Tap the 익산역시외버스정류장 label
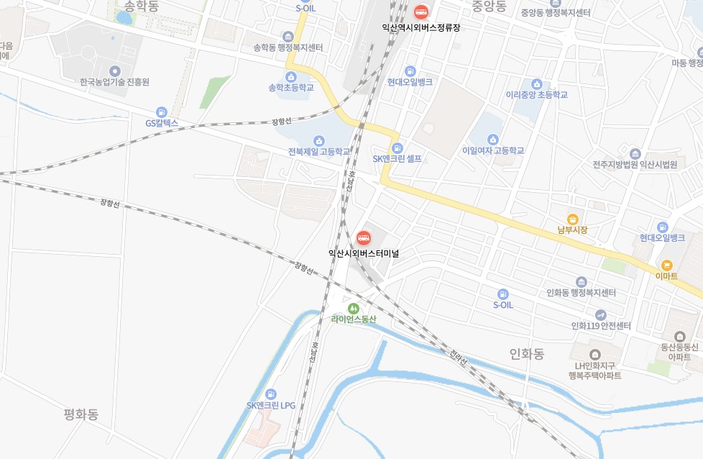point(421,27)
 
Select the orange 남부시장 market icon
point(573,219)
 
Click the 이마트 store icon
point(666,265)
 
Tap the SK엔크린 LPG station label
point(271,405)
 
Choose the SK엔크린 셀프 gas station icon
point(398,147)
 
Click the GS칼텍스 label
point(161,123)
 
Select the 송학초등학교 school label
point(291,87)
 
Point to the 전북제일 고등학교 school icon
point(319,140)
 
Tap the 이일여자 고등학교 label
point(493,150)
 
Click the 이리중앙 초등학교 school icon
point(536,84)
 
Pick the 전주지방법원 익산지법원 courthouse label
point(635,164)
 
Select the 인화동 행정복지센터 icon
point(582,281)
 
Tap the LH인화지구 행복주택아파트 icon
point(594,354)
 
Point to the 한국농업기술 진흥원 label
point(115,82)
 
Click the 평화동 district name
point(81,414)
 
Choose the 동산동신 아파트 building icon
point(679,336)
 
